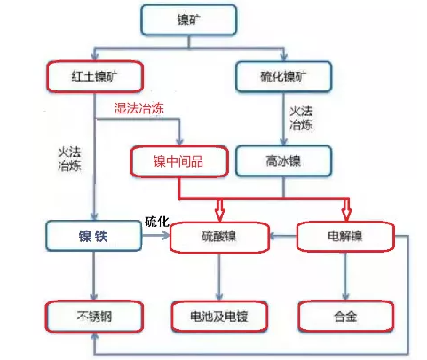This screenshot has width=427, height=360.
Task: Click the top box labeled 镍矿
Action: coord(188,20)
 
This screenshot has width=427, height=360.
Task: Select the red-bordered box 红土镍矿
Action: coord(95,76)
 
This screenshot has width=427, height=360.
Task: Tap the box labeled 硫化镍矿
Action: coord(283,76)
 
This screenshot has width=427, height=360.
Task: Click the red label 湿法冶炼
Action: coord(138,108)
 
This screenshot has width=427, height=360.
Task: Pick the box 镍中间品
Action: coord(179,161)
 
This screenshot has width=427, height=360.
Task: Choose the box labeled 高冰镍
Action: coord(283,161)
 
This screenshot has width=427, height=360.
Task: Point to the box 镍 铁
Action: coord(94,236)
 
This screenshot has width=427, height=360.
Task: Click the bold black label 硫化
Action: coord(157,222)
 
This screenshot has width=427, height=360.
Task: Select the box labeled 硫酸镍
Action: coord(219,237)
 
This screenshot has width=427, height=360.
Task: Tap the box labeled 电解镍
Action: coord(345,237)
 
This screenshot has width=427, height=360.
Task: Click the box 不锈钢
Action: coord(94,317)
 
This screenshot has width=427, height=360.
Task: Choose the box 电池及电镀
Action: coord(219,317)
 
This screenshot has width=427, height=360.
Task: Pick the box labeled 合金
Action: coord(345,317)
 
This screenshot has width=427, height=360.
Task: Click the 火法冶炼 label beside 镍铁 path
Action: coord(69,159)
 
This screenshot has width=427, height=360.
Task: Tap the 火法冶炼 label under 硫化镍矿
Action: coord(301,118)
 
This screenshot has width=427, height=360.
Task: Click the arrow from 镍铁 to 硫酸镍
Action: coord(156,236)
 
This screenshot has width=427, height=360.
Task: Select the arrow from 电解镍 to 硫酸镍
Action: coord(283,236)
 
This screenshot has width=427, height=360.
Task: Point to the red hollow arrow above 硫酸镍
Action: coord(219,210)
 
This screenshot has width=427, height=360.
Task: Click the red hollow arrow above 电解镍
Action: coord(346,209)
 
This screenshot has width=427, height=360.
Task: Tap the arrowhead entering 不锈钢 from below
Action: coord(95,337)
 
